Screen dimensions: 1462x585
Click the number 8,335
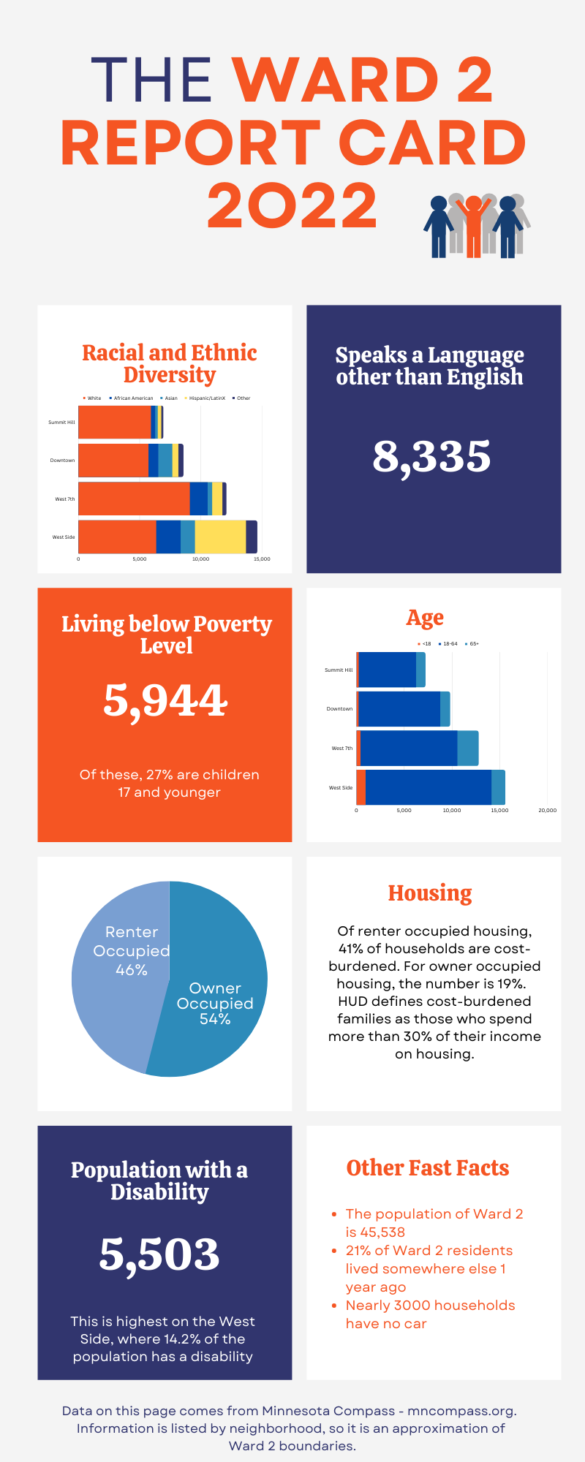tap(431, 457)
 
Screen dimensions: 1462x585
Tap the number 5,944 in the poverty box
tap(165, 700)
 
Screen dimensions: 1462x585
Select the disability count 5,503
tap(159, 1254)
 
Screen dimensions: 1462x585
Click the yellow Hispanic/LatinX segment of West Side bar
tap(220, 537)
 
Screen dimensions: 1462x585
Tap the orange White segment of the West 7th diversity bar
tap(134, 499)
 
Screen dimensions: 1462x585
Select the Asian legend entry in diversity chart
tap(170, 398)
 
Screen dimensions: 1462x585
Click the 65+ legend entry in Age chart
tap(472, 644)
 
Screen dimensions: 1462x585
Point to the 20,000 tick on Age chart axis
tap(547, 810)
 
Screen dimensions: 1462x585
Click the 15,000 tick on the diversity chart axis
tap(262, 558)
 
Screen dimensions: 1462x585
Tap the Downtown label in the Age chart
tap(339, 708)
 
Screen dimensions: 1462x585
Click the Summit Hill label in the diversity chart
tap(61, 422)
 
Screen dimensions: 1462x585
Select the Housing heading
tap(430, 893)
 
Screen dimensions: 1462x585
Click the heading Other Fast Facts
tap(428, 1167)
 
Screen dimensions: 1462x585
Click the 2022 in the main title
tap(292, 205)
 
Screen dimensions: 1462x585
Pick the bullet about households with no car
tap(429, 1314)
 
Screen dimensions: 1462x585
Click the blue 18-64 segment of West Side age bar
tap(428, 787)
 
